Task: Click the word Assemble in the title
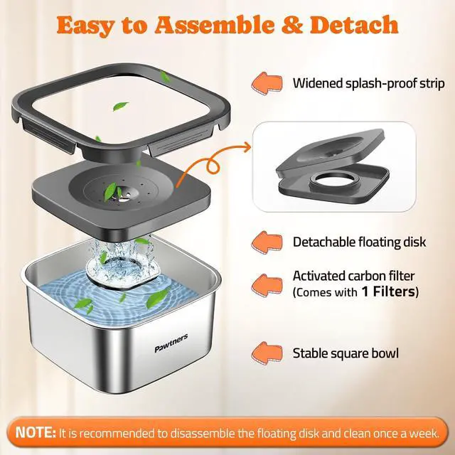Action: point(215,25)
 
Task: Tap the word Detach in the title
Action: point(354,24)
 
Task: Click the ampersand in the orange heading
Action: point(292,25)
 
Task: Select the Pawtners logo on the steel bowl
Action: point(171,343)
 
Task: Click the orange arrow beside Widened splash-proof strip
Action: point(267,83)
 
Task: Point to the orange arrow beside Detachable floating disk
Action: point(267,242)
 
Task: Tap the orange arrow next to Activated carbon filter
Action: point(267,285)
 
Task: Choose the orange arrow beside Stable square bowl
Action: point(267,353)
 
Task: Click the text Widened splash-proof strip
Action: point(368,83)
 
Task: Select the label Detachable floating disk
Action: point(359,242)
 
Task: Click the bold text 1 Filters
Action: point(388,291)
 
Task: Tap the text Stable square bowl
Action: point(346,353)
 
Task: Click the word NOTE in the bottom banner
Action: point(35,433)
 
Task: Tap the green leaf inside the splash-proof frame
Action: point(120,106)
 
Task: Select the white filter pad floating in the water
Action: point(123,270)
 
